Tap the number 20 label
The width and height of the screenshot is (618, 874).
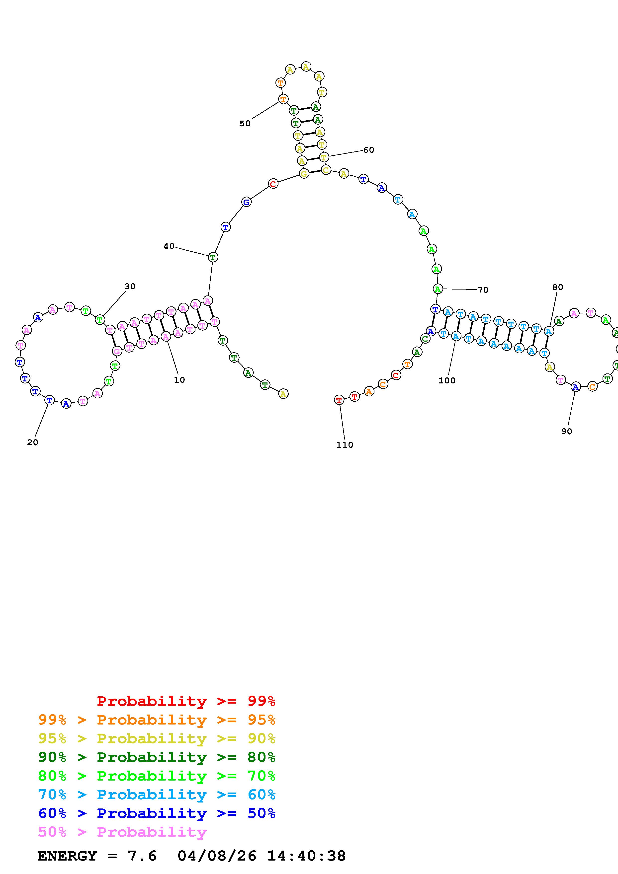33,442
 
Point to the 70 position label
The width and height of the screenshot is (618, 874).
483,290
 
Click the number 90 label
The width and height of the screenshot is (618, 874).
567,431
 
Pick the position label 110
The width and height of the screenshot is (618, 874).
345,445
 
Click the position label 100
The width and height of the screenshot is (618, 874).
447,380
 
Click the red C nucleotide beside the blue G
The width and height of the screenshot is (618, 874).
273,184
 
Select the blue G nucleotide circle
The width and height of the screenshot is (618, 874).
246,202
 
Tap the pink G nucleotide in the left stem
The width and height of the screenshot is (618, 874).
117,351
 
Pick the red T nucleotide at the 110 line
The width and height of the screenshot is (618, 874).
339,400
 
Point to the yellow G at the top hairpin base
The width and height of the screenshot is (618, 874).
304,174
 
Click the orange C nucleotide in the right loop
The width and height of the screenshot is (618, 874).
592,387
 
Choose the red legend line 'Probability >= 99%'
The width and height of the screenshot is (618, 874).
186,701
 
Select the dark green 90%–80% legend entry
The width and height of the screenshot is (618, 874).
157,757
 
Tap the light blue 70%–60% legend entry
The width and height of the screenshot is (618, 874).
157,795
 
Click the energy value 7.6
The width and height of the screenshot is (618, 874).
142,856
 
